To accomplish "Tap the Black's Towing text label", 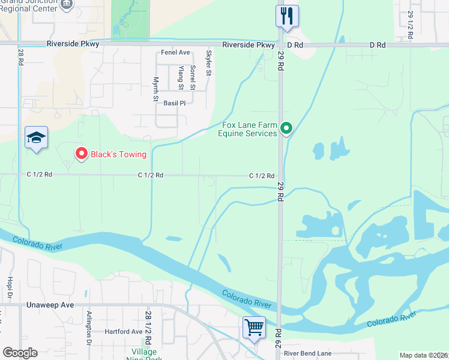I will tap(118, 154).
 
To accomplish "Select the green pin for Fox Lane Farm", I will tap(286, 128).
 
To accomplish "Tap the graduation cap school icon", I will tap(35, 137).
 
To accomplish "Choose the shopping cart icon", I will tap(254, 328).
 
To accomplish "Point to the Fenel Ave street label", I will tap(175, 53).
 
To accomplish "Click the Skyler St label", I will tap(209, 63).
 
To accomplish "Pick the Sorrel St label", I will tap(193, 78).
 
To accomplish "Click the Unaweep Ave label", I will tap(50, 305).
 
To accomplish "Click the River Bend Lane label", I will tap(308, 353).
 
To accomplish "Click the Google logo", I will tap(20, 353).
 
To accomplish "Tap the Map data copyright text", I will tap(423, 355).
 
